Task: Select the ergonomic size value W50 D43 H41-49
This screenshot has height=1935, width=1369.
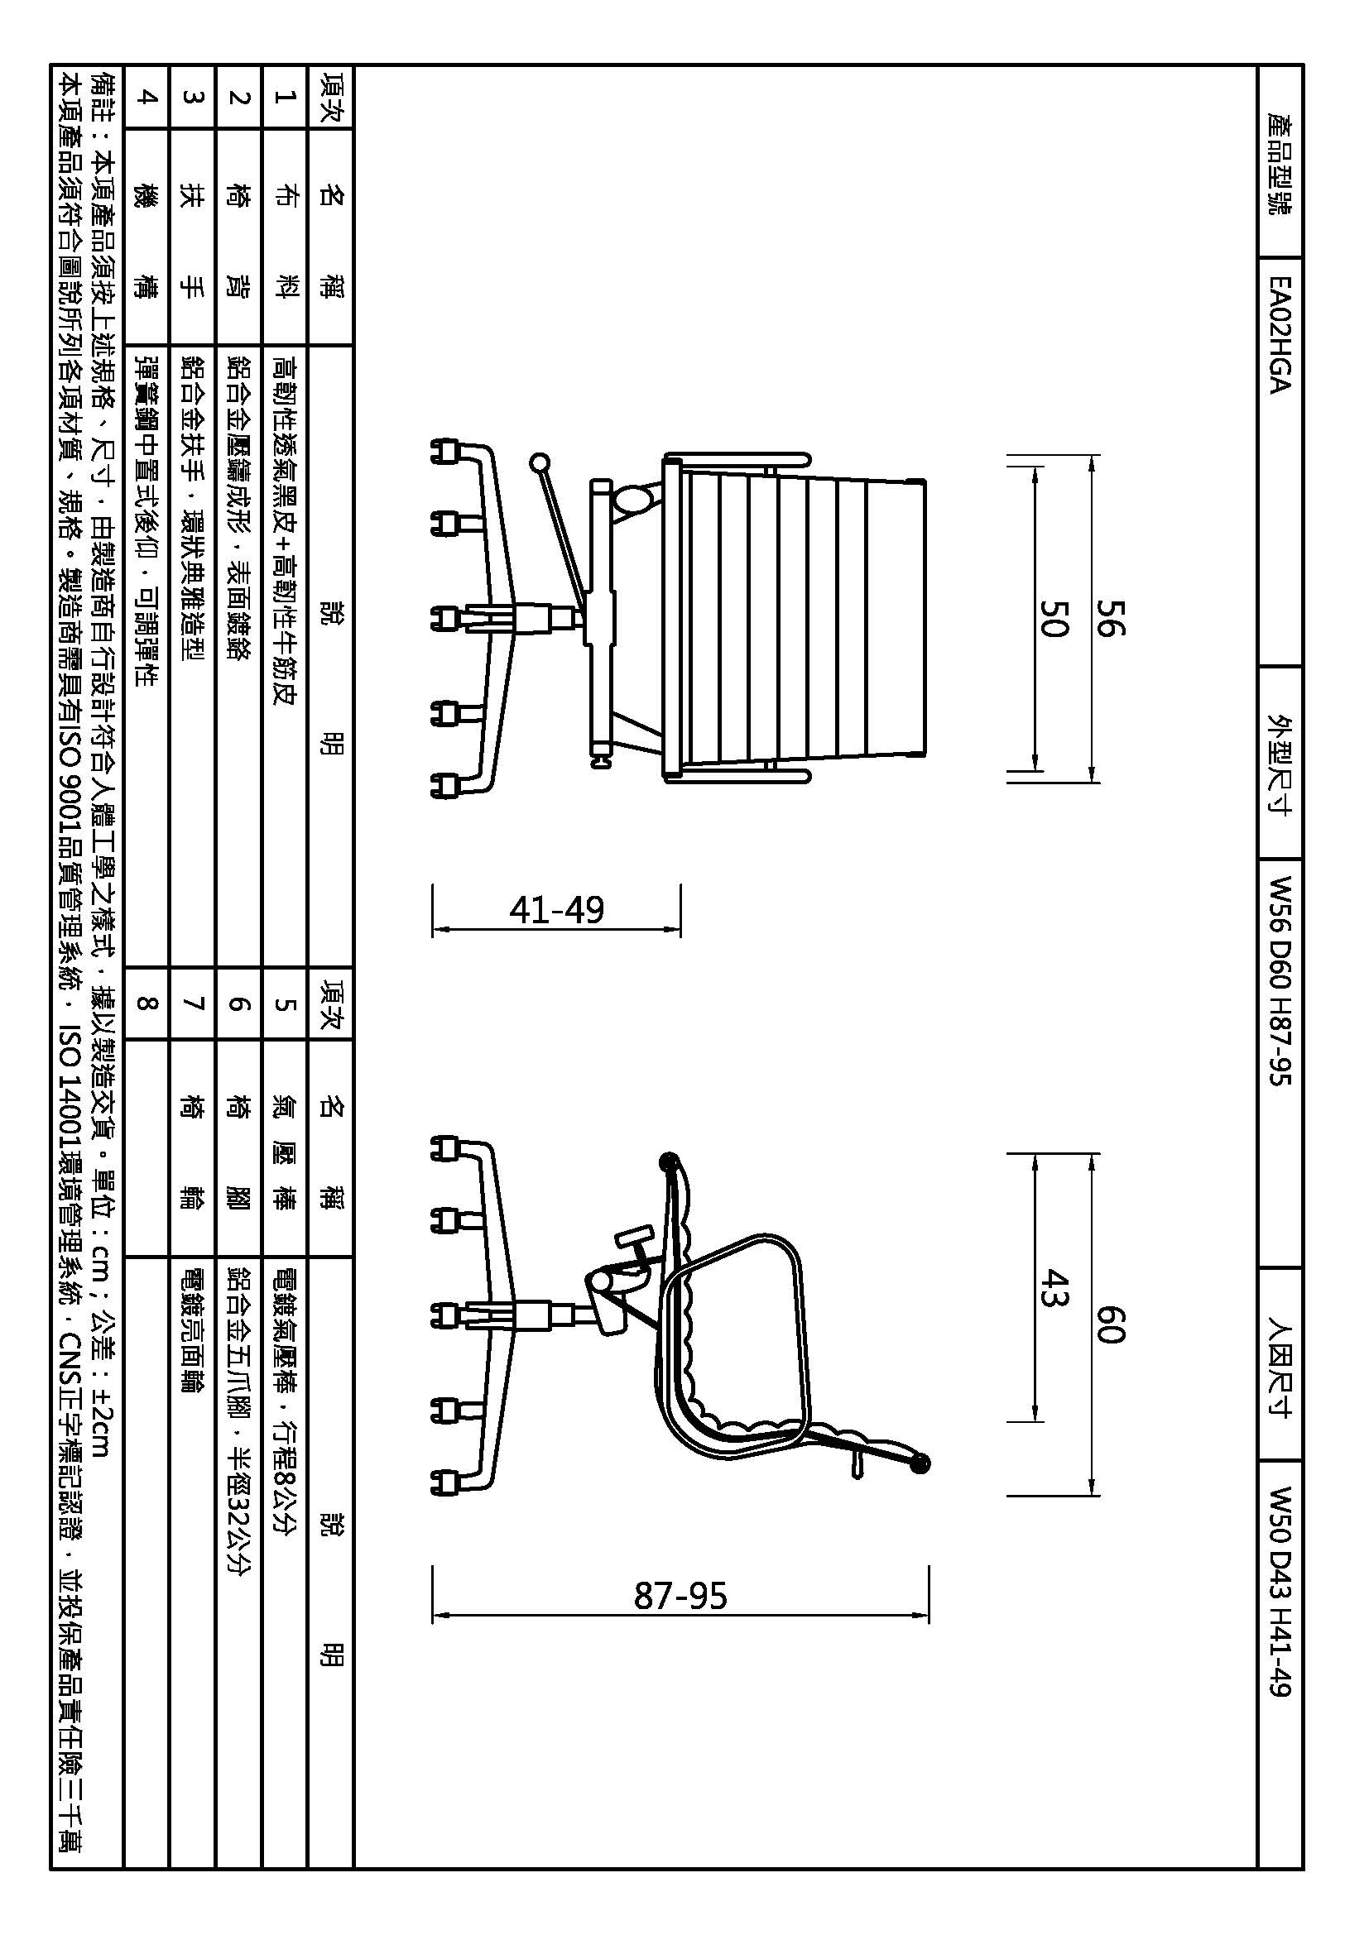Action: (1279, 1592)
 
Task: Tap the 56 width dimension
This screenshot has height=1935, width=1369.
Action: (1110, 618)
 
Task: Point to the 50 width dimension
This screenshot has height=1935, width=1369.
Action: (1053, 618)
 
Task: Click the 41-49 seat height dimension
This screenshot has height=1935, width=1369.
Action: (557, 909)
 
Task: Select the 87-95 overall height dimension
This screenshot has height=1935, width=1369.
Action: (680, 1595)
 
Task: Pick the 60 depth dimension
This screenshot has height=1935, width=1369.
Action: (1110, 1323)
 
